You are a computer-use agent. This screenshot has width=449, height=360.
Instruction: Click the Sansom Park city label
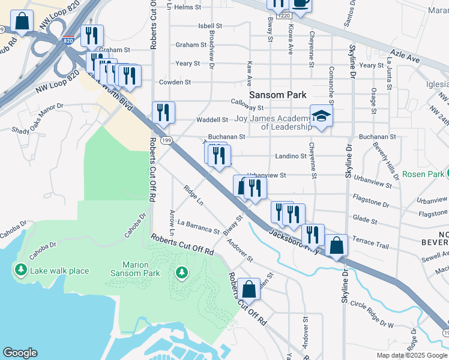277,95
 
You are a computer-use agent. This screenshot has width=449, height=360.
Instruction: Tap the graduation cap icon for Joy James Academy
321,116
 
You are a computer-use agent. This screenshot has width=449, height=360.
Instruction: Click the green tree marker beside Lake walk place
22,271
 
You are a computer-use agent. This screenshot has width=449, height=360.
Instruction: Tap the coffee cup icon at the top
301,3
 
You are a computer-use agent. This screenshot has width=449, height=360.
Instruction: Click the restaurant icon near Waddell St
163,112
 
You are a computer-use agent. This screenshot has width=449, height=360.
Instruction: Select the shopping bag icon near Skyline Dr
337,245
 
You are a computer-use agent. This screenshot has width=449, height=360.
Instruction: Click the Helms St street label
187,7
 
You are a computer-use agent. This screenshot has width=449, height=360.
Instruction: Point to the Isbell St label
210,26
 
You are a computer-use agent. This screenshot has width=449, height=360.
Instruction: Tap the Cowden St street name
175,82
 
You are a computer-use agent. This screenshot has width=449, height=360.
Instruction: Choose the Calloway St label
248,108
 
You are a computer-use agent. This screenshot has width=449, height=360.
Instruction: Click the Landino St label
291,156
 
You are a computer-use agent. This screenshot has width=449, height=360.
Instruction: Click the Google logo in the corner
20,353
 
